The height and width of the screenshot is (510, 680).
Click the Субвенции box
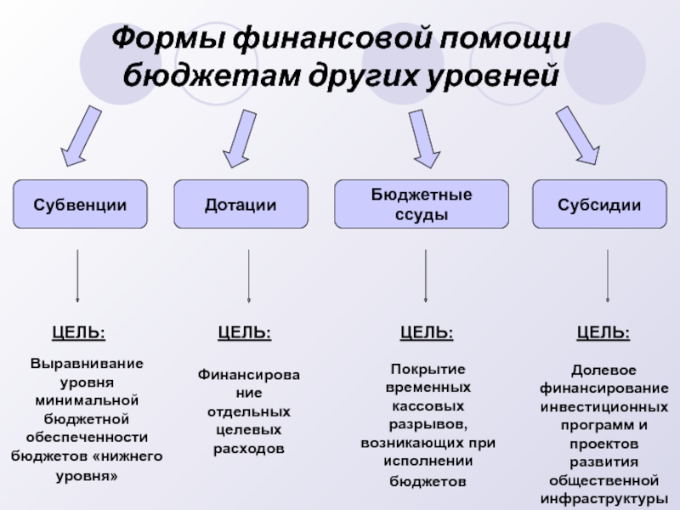[x=80, y=205]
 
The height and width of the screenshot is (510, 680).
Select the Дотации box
[x=241, y=205]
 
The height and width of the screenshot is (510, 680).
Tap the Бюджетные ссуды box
[x=422, y=205]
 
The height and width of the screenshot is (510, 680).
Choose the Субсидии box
[x=599, y=205]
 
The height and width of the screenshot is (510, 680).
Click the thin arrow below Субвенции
[x=78, y=275]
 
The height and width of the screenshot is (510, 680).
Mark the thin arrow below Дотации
[x=248, y=275]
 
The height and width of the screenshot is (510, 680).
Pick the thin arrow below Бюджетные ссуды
[x=425, y=275]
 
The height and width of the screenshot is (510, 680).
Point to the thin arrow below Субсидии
[x=607, y=275]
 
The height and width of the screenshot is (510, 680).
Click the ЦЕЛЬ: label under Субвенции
[x=79, y=333]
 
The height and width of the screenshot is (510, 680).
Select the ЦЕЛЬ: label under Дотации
[x=245, y=333]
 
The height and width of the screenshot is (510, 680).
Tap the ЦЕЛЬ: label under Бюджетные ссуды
[x=427, y=333]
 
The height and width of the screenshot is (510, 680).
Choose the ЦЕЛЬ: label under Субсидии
[x=603, y=333]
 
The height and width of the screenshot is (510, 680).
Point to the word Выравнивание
[x=88, y=363]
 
